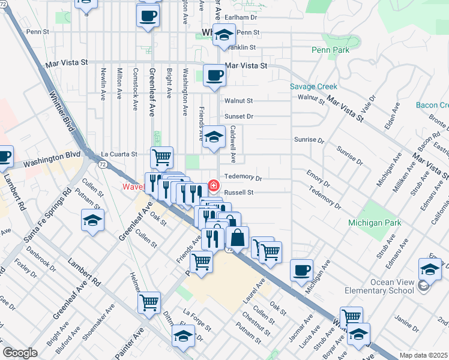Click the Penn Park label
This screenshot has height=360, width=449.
330,50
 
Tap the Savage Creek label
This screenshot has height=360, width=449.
310,86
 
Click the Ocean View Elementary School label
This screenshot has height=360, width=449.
379,286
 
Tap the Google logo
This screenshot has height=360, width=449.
20,353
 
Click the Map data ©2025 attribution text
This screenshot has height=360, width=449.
423,355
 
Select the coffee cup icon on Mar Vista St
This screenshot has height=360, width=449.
214,76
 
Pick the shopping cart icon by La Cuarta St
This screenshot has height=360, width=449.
161,158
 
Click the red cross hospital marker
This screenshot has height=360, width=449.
212,184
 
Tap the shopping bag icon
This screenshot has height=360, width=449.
238,237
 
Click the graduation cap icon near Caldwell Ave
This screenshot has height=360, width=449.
214,137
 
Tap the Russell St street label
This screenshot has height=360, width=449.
240,193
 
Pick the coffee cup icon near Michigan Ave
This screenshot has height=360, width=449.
301,269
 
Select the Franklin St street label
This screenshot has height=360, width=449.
242,47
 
